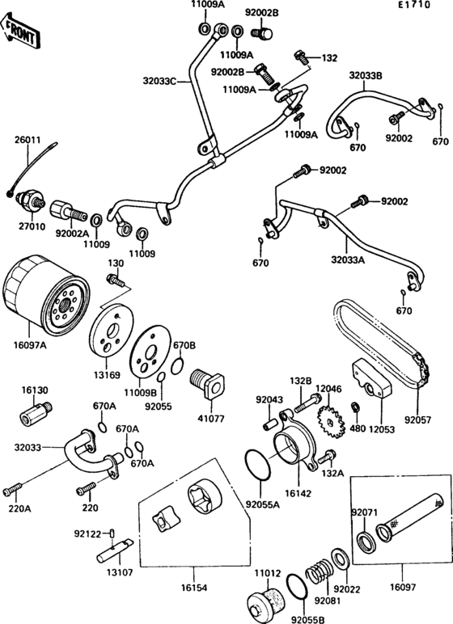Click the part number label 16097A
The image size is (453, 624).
[x=31, y=346]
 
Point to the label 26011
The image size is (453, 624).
[x=27, y=139]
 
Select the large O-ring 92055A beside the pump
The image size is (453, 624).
[x=258, y=467]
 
